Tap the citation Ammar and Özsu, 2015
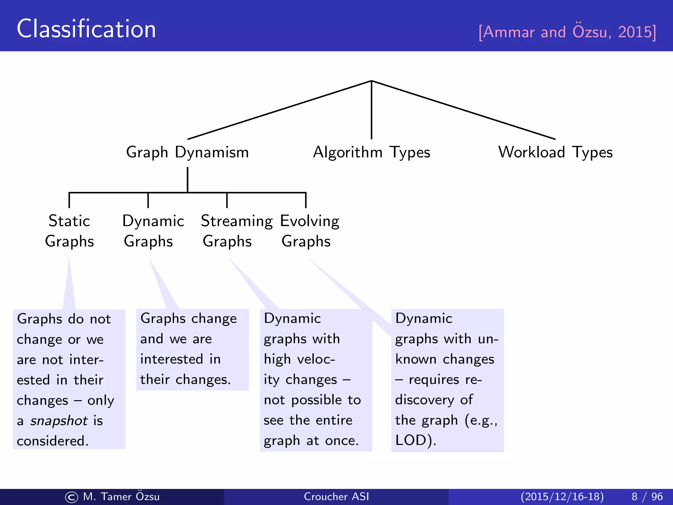[567, 32]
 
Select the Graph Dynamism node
[187, 152]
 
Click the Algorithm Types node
[371, 152]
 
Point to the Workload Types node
[555, 152]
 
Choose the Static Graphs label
[69, 231]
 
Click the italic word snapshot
[59, 421]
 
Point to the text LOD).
[415, 441]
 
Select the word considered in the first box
[53, 441]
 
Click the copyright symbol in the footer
[72, 497]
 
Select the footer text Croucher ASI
[336, 496]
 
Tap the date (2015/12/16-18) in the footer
[562, 496]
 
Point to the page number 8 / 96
[647, 496]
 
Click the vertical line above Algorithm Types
[371, 110]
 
